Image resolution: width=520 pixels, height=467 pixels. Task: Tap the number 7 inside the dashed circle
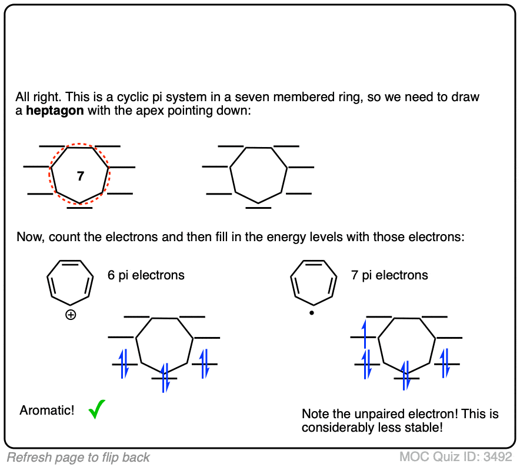pyautogui.click(x=81, y=175)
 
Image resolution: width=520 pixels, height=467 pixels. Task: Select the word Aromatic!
pyautogui.click(x=47, y=411)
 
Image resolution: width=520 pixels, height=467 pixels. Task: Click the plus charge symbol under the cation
pyautogui.click(x=71, y=315)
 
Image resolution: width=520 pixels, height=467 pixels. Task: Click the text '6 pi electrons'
pyautogui.click(x=146, y=275)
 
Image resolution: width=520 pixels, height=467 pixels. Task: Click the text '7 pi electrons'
pyautogui.click(x=389, y=275)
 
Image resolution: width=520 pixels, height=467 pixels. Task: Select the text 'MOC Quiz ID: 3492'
pyautogui.click(x=457, y=457)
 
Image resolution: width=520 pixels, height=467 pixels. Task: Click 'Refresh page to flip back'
pyautogui.click(x=78, y=458)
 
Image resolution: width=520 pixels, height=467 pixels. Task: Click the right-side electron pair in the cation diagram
pyautogui.click(x=204, y=363)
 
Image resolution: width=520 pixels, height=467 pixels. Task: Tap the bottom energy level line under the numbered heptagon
pyautogui.click(x=79, y=207)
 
